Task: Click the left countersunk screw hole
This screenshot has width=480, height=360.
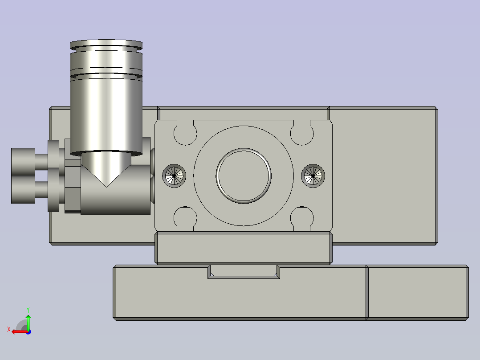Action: click(x=174, y=176)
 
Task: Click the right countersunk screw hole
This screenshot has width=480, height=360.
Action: click(x=313, y=176)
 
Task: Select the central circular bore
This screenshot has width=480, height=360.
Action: click(x=244, y=176)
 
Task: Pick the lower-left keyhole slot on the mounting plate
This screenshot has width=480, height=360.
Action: click(x=185, y=219)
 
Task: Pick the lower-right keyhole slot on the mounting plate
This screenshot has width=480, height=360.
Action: click(x=302, y=219)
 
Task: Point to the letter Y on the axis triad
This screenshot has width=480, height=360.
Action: click(x=28, y=310)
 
